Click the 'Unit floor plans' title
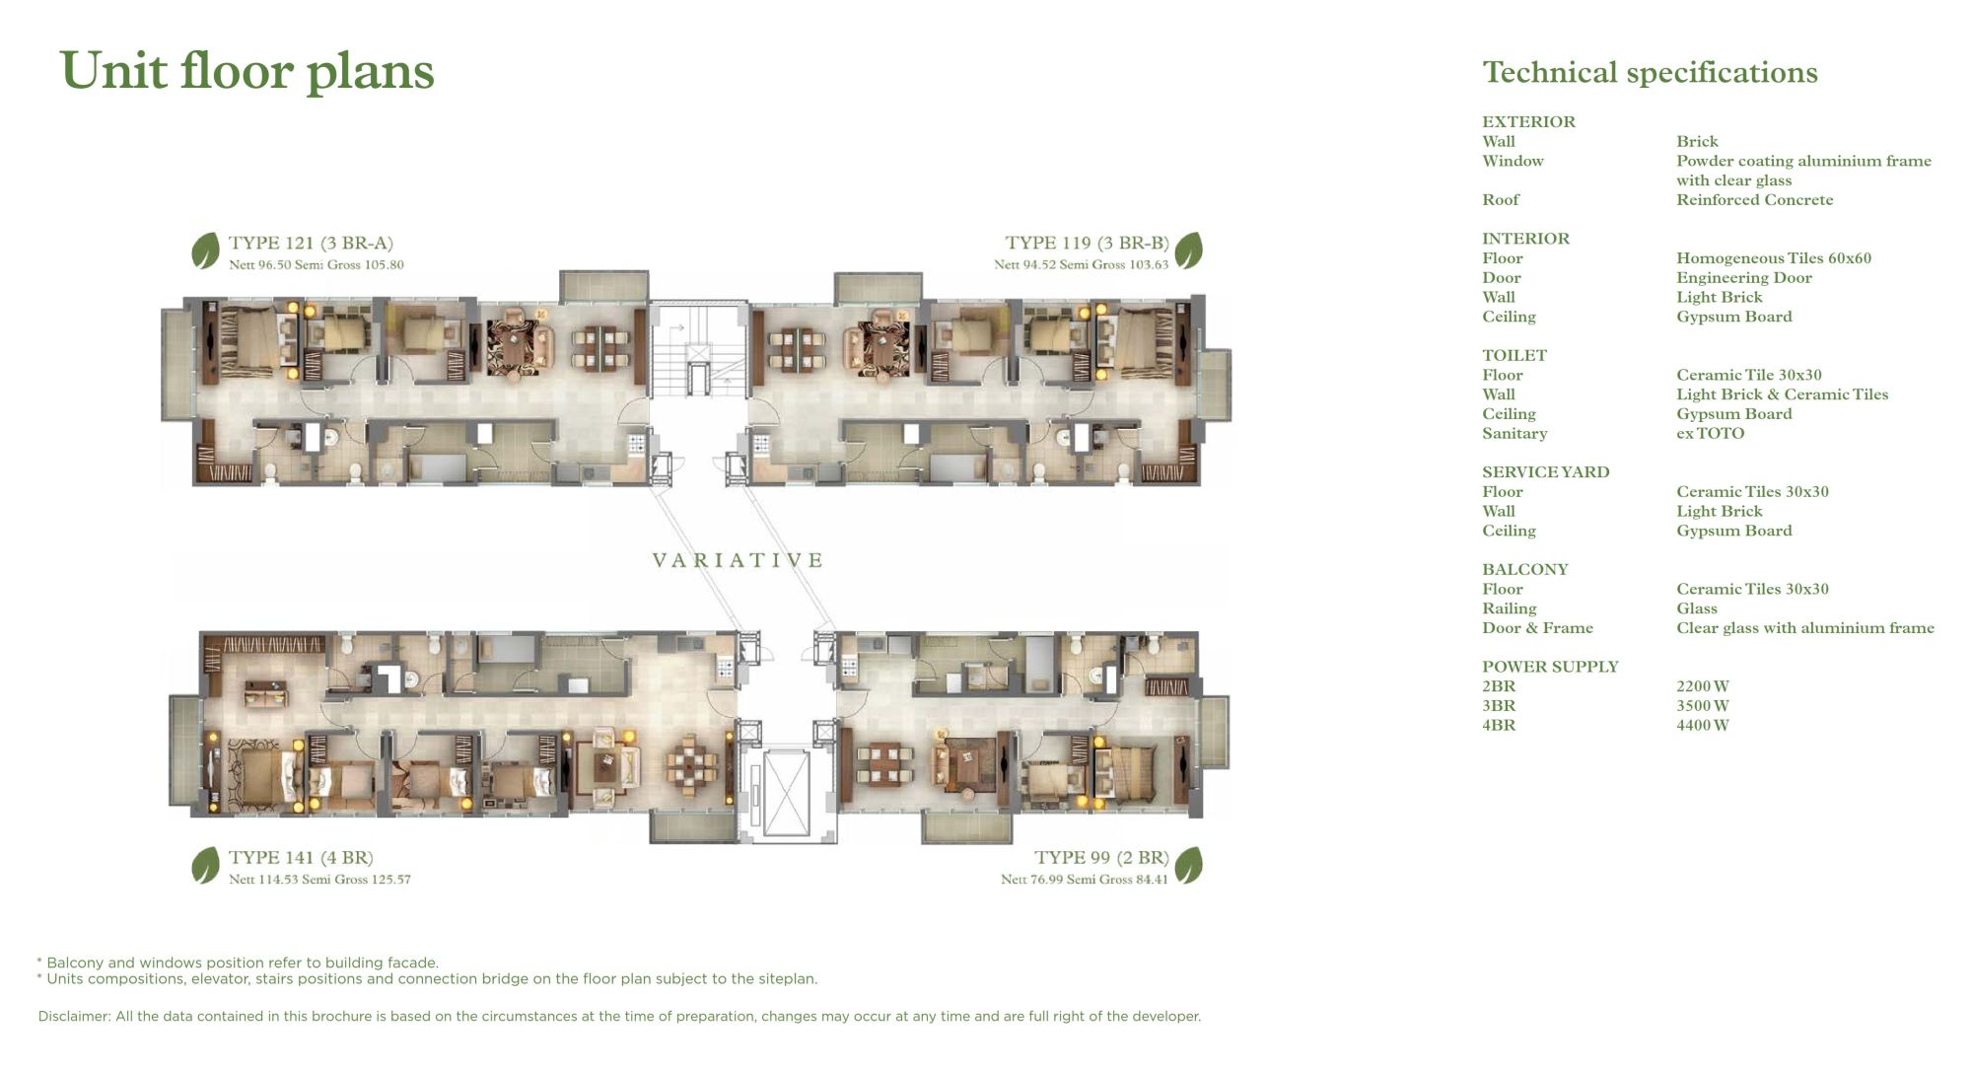tap(247, 72)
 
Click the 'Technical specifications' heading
tap(1650, 73)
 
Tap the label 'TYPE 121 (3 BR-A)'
tap(311, 243)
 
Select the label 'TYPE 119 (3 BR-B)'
tap(1087, 243)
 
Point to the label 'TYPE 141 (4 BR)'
tap(301, 857)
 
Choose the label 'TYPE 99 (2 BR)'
tap(1101, 857)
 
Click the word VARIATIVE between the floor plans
tap(738, 560)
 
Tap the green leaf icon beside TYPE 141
tap(205, 865)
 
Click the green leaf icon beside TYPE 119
tap(1189, 250)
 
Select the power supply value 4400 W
tap(1703, 725)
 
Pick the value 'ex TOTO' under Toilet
tap(1710, 433)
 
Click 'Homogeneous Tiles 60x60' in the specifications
tap(1774, 258)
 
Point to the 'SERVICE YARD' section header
tap(1545, 472)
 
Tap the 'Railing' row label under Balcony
tap(1509, 608)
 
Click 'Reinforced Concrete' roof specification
tap(1755, 200)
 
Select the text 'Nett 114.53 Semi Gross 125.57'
tap(319, 880)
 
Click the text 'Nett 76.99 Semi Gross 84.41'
tap(1085, 880)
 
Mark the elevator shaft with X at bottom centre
tap(787, 793)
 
